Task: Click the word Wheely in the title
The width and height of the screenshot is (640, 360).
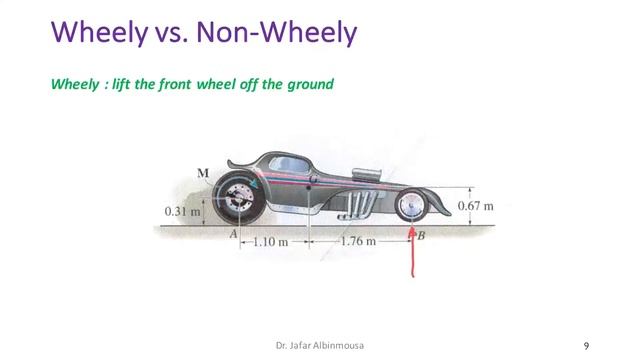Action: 94,34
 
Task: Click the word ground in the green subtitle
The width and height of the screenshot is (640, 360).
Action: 311,85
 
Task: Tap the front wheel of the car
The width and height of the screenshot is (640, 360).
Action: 411,208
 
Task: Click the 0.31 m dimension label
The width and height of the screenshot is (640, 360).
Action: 182,211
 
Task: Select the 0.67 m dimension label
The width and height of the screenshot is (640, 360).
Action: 476,206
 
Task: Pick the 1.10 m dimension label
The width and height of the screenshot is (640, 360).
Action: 269,241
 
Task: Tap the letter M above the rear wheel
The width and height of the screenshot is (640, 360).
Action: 203,173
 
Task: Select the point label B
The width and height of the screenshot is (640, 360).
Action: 421,236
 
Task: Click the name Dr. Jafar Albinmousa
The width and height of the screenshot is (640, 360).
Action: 320,346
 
